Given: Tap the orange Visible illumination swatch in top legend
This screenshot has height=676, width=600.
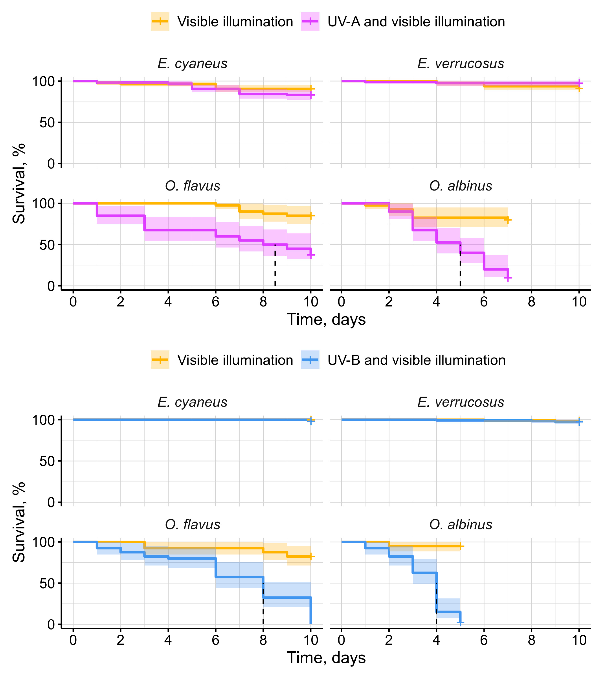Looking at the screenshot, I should coord(160,22).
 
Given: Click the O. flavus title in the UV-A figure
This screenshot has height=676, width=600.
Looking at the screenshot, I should coord(192,186).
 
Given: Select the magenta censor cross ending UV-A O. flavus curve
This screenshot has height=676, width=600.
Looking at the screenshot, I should coord(311,255).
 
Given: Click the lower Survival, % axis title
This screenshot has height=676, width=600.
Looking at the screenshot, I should coord(19,522).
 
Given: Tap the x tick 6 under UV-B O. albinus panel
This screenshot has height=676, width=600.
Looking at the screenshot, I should coord(484,640).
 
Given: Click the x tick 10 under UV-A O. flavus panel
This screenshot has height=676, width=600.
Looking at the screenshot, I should coord(310,302).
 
